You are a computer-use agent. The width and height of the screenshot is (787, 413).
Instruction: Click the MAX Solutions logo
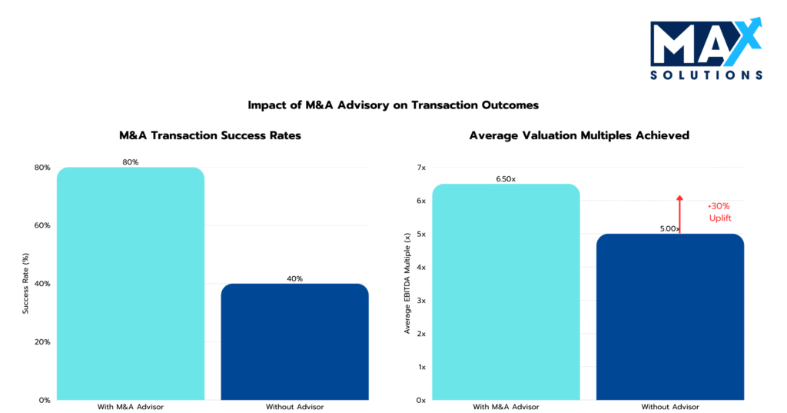(706, 49)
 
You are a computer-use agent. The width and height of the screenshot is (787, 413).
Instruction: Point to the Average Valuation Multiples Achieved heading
(579, 135)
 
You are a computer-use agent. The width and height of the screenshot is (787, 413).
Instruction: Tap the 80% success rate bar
(131, 285)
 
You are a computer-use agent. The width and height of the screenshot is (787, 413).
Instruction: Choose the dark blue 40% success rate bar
(294, 342)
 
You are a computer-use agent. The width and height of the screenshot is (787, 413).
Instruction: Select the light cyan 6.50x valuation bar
(506, 292)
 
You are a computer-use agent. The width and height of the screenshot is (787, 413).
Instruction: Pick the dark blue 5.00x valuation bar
(670, 317)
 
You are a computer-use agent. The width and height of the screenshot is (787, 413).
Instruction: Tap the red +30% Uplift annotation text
(719, 212)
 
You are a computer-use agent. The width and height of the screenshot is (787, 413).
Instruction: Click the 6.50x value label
(506, 179)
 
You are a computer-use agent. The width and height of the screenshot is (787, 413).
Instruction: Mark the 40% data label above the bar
(294, 278)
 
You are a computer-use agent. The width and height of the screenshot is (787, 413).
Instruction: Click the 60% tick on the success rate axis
(42, 225)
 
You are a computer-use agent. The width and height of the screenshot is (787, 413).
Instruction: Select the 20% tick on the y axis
(42, 341)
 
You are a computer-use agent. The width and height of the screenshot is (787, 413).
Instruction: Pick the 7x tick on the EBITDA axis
(420, 168)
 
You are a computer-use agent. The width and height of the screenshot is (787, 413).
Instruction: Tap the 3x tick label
(420, 301)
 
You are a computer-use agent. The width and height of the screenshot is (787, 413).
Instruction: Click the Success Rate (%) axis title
(25, 283)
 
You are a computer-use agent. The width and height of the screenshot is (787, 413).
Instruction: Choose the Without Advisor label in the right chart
(670, 406)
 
